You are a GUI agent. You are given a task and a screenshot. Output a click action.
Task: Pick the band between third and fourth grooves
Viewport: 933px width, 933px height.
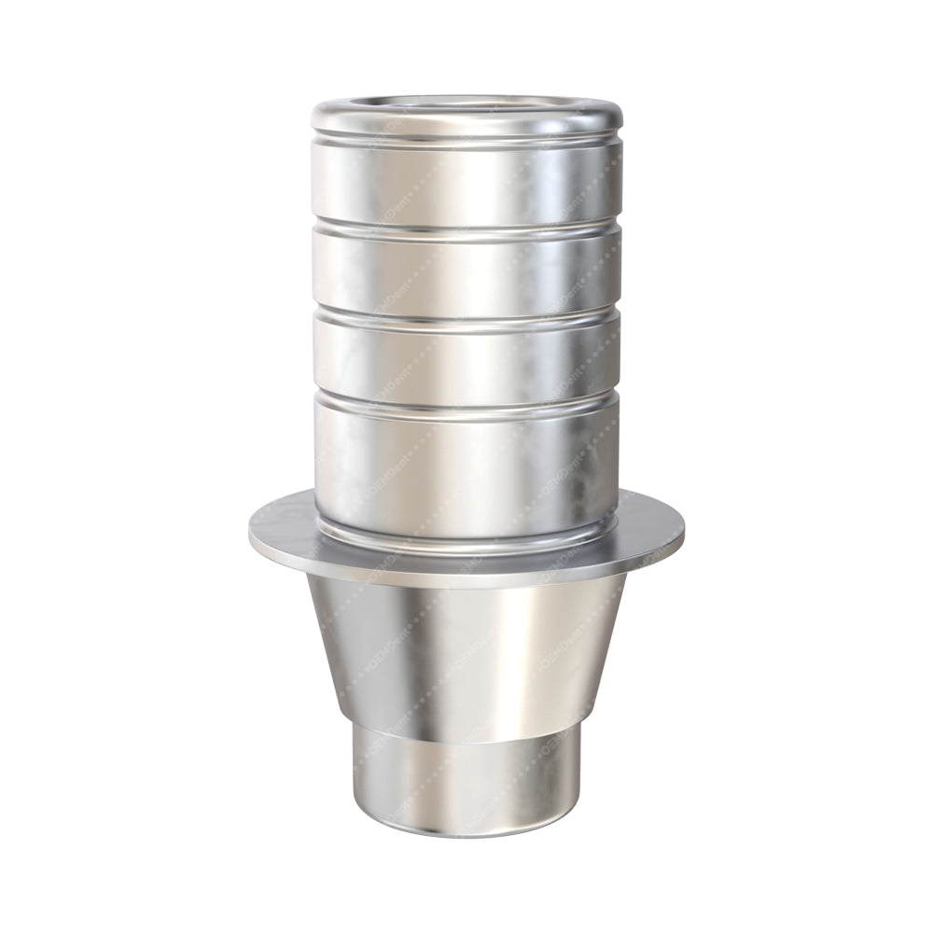[466, 360]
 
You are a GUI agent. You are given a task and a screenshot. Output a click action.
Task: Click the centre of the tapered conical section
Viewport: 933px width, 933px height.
[466, 653]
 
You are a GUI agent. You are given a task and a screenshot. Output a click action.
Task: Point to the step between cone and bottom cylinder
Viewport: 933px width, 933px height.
[466, 737]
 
